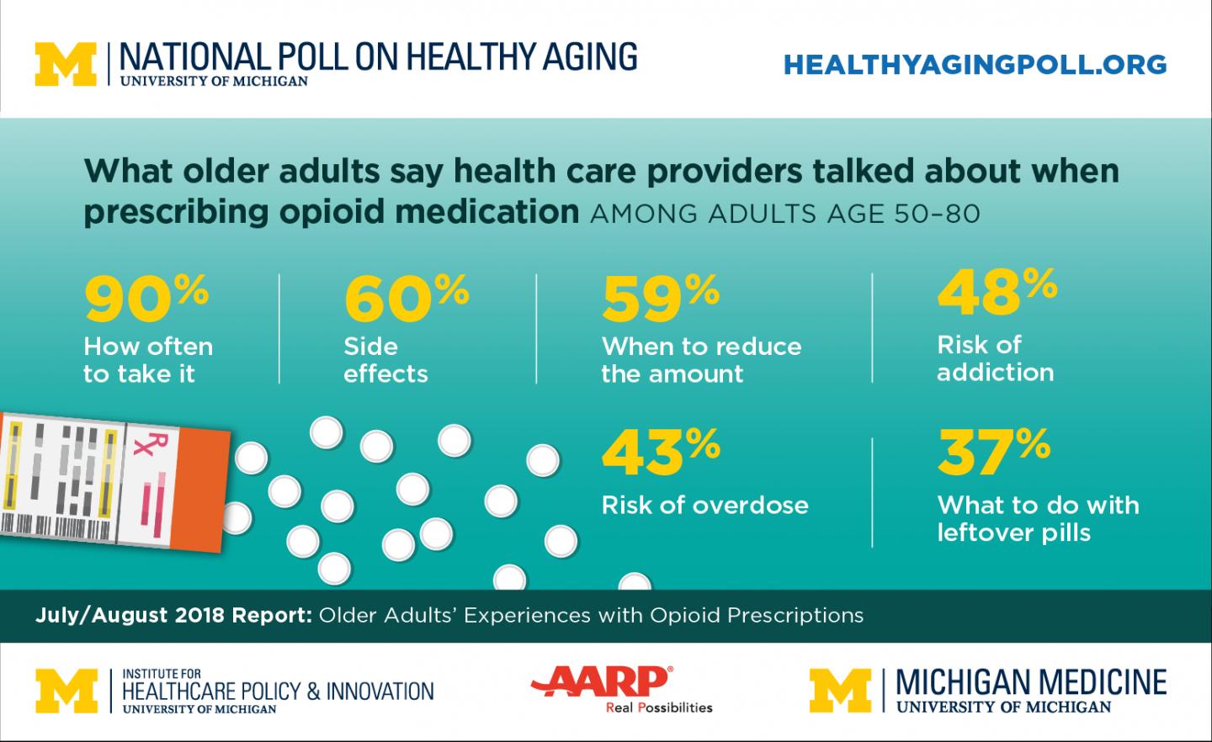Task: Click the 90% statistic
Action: click(x=145, y=300)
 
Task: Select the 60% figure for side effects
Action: click(x=406, y=300)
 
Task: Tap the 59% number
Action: click(x=661, y=300)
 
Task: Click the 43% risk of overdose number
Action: click(x=661, y=453)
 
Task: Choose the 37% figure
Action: click(x=993, y=453)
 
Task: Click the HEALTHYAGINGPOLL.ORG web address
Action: click(x=975, y=65)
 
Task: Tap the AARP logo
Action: click(x=600, y=680)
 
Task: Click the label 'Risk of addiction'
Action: click(x=995, y=358)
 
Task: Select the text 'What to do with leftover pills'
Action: click(x=1037, y=518)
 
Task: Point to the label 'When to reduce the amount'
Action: click(x=700, y=360)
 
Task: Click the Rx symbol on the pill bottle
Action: click(x=139, y=446)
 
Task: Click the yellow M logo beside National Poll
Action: click(x=66, y=65)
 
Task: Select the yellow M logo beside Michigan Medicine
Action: click(x=840, y=690)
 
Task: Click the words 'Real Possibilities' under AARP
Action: click(x=659, y=708)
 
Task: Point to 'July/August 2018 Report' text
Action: click(x=173, y=615)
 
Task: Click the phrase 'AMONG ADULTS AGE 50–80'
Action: click(x=785, y=214)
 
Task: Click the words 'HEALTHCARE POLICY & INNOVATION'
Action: click(x=278, y=692)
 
